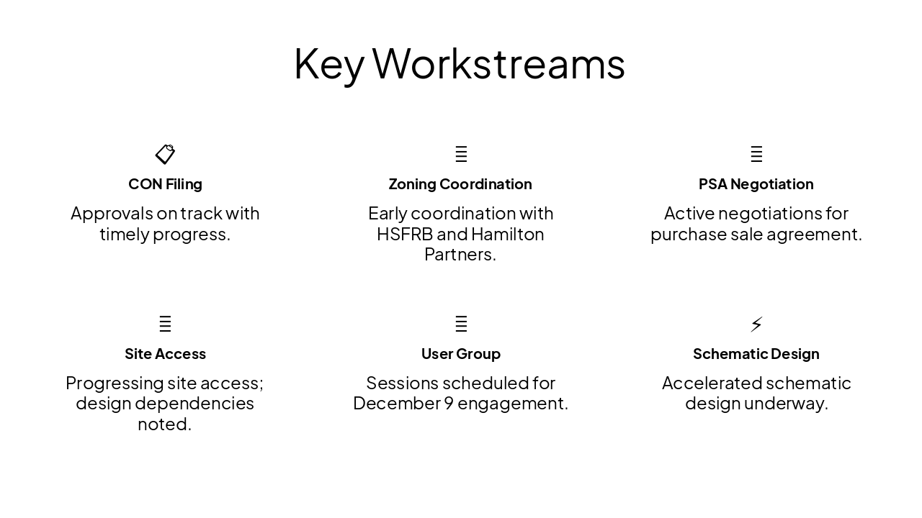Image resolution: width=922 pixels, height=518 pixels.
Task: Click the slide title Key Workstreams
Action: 460,63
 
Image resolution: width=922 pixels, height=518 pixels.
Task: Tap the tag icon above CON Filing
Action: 165,154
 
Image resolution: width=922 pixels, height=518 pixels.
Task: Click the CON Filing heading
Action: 165,184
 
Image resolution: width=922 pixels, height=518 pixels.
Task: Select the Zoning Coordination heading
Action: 460,184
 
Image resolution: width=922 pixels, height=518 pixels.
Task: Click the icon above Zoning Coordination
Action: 461,154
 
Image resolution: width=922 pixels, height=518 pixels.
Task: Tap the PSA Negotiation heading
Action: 756,184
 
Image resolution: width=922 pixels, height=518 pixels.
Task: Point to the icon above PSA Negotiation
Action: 756,154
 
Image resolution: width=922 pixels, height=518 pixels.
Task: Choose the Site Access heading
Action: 165,354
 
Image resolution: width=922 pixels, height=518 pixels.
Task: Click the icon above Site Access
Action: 165,324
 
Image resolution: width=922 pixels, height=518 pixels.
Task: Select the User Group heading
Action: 460,354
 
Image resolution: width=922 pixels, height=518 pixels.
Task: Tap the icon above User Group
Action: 461,324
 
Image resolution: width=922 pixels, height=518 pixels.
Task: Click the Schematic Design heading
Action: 756,354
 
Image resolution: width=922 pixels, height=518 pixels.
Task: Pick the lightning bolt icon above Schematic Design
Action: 756,324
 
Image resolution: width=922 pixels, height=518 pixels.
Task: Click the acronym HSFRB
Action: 404,235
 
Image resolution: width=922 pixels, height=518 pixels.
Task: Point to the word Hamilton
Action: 508,235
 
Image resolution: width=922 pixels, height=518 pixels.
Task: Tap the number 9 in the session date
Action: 448,404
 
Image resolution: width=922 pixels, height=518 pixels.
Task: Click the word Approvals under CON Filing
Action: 112,214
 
